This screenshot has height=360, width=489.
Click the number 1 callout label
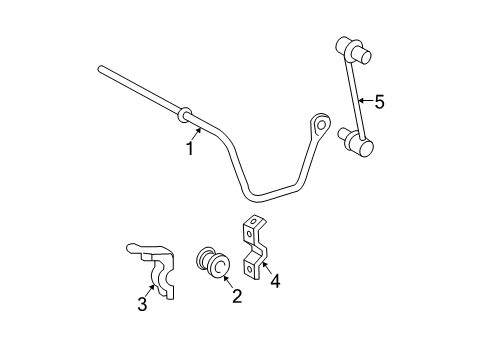coord(188,149)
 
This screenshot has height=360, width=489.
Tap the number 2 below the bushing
coord(237,295)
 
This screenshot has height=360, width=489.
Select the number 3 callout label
coord(142,304)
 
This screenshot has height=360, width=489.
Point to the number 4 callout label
coord(274,281)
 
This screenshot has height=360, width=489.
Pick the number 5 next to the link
coord(378,100)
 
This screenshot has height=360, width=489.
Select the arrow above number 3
coord(149,288)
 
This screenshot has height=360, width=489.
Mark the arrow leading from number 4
coord(265,268)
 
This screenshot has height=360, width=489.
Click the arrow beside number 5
coord(363,100)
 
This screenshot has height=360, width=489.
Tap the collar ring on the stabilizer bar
coord(185,115)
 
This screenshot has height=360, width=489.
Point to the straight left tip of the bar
coord(102,69)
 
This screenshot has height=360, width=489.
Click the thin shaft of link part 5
coord(352,95)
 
